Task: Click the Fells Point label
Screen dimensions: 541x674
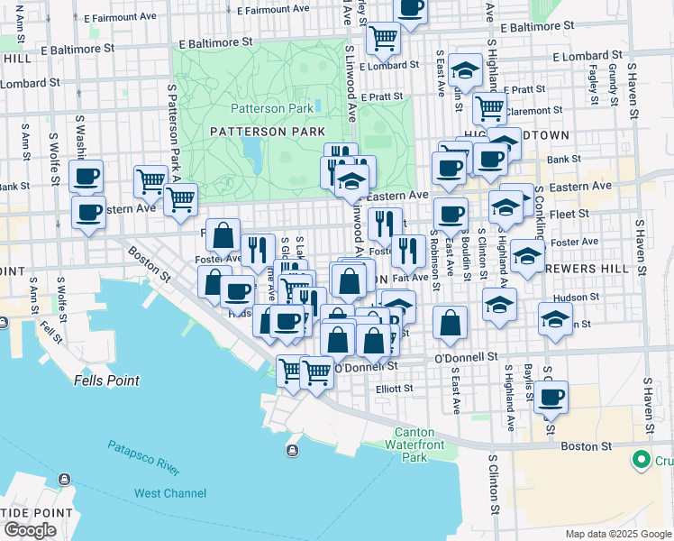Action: pyautogui.click(x=106, y=381)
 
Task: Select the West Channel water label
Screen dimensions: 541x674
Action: pyautogui.click(x=170, y=493)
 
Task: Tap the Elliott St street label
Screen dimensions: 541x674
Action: pyautogui.click(x=394, y=389)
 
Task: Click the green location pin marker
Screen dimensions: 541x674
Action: pyautogui.click(x=642, y=459)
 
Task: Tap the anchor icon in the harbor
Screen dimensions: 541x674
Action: pyautogui.click(x=292, y=450)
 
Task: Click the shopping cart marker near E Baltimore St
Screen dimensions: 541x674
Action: pyautogui.click(x=384, y=37)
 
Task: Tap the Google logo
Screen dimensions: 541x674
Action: pyautogui.click(x=30, y=530)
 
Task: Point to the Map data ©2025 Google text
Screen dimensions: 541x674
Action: pyautogui.click(x=617, y=534)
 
